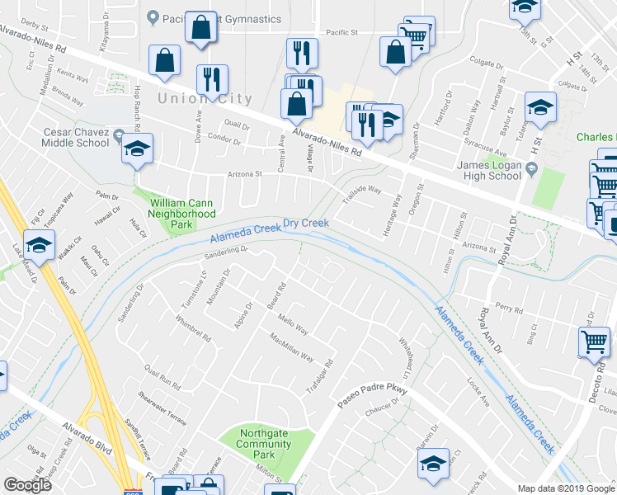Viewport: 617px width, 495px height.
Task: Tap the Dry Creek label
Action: tap(306, 224)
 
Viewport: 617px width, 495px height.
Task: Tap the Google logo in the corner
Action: tap(28, 484)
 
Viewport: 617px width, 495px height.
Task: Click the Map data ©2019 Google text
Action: tap(566, 488)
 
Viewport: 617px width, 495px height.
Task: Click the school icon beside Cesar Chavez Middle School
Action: tap(137, 148)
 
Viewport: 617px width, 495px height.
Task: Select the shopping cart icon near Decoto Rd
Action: tap(593, 342)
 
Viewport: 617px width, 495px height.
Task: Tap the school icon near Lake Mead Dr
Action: tap(38, 245)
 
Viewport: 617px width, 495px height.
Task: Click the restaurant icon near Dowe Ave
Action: tap(212, 80)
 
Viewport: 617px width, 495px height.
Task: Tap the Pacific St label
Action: tap(340, 33)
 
